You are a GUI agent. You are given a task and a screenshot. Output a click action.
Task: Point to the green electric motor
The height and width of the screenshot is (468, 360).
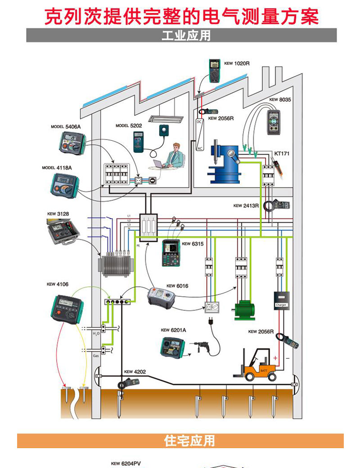[x=244, y=309]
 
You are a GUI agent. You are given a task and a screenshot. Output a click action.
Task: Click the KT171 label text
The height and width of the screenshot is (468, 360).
[x=282, y=153]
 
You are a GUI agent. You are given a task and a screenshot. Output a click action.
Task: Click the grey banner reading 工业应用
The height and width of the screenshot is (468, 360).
[x=181, y=35]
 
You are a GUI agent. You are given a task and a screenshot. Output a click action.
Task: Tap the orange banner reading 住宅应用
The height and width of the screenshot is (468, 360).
[x=180, y=441]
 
